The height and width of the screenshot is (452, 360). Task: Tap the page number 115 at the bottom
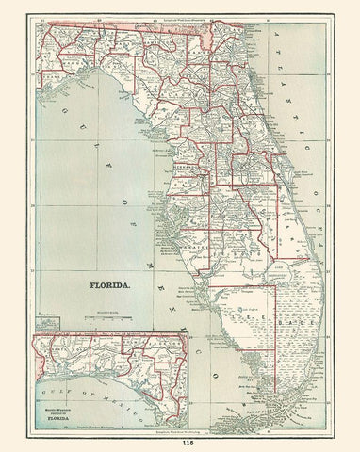[x=179, y=443]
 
